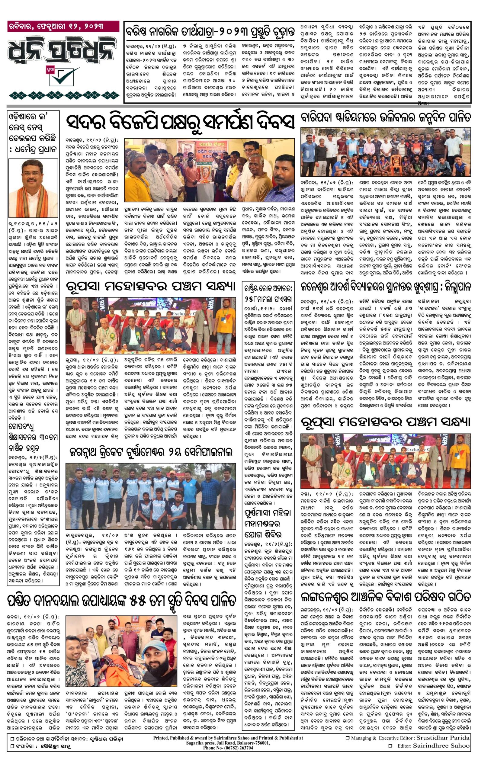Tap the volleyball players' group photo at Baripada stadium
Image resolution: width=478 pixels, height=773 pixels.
click(385, 152)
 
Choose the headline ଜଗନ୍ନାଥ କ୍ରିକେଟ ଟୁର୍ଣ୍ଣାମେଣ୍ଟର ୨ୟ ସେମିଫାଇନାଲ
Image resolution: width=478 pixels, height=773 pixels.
click(151, 452)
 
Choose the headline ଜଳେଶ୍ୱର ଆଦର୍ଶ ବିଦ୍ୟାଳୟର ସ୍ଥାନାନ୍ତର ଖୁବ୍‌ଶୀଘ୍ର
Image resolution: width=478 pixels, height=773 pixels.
click(385, 287)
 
